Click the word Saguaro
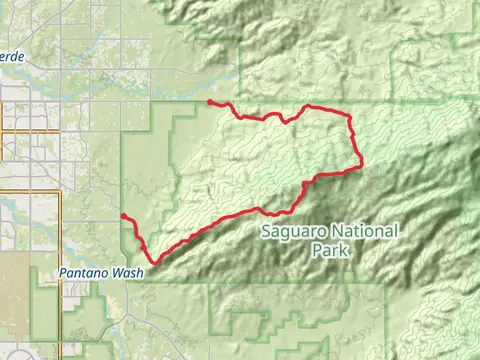(292, 231)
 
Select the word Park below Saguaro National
(331, 250)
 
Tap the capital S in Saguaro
(265, 231)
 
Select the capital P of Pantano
(62, 272)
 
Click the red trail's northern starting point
(208, 101)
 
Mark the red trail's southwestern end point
(122, 215)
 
